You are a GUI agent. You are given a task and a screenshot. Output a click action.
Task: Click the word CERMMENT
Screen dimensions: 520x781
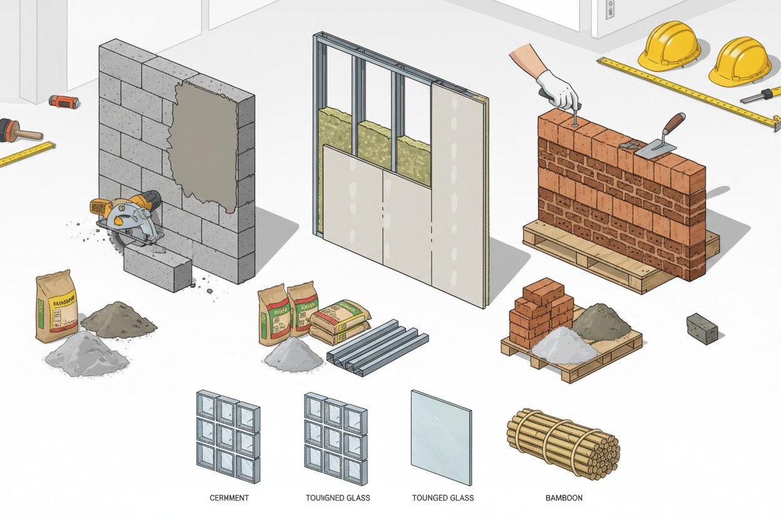pyautogui.click(x=230, y=498)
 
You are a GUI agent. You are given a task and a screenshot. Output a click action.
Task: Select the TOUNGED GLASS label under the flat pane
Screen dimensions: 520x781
pyautogui.click(x=442, y=498)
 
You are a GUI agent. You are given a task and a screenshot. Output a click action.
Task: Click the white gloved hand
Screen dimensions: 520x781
pyautogui.click(x=558, y=89)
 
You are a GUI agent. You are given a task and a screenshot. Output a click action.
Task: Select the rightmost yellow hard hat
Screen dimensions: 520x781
pyautogui.click(x=740, y=61)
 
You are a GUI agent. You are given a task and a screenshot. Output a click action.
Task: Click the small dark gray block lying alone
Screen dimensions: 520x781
pyautogui.click(x=701, y=328)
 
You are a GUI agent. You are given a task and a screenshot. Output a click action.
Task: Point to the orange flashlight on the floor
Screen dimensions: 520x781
pyautogui.click(x=64, y=101)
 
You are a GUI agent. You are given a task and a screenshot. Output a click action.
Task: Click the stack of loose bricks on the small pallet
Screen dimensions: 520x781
pyautogui.click(x=541, y=311)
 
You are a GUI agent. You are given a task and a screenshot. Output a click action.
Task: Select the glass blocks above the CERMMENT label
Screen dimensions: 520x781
pyautogui.click(x=228, y=435)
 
